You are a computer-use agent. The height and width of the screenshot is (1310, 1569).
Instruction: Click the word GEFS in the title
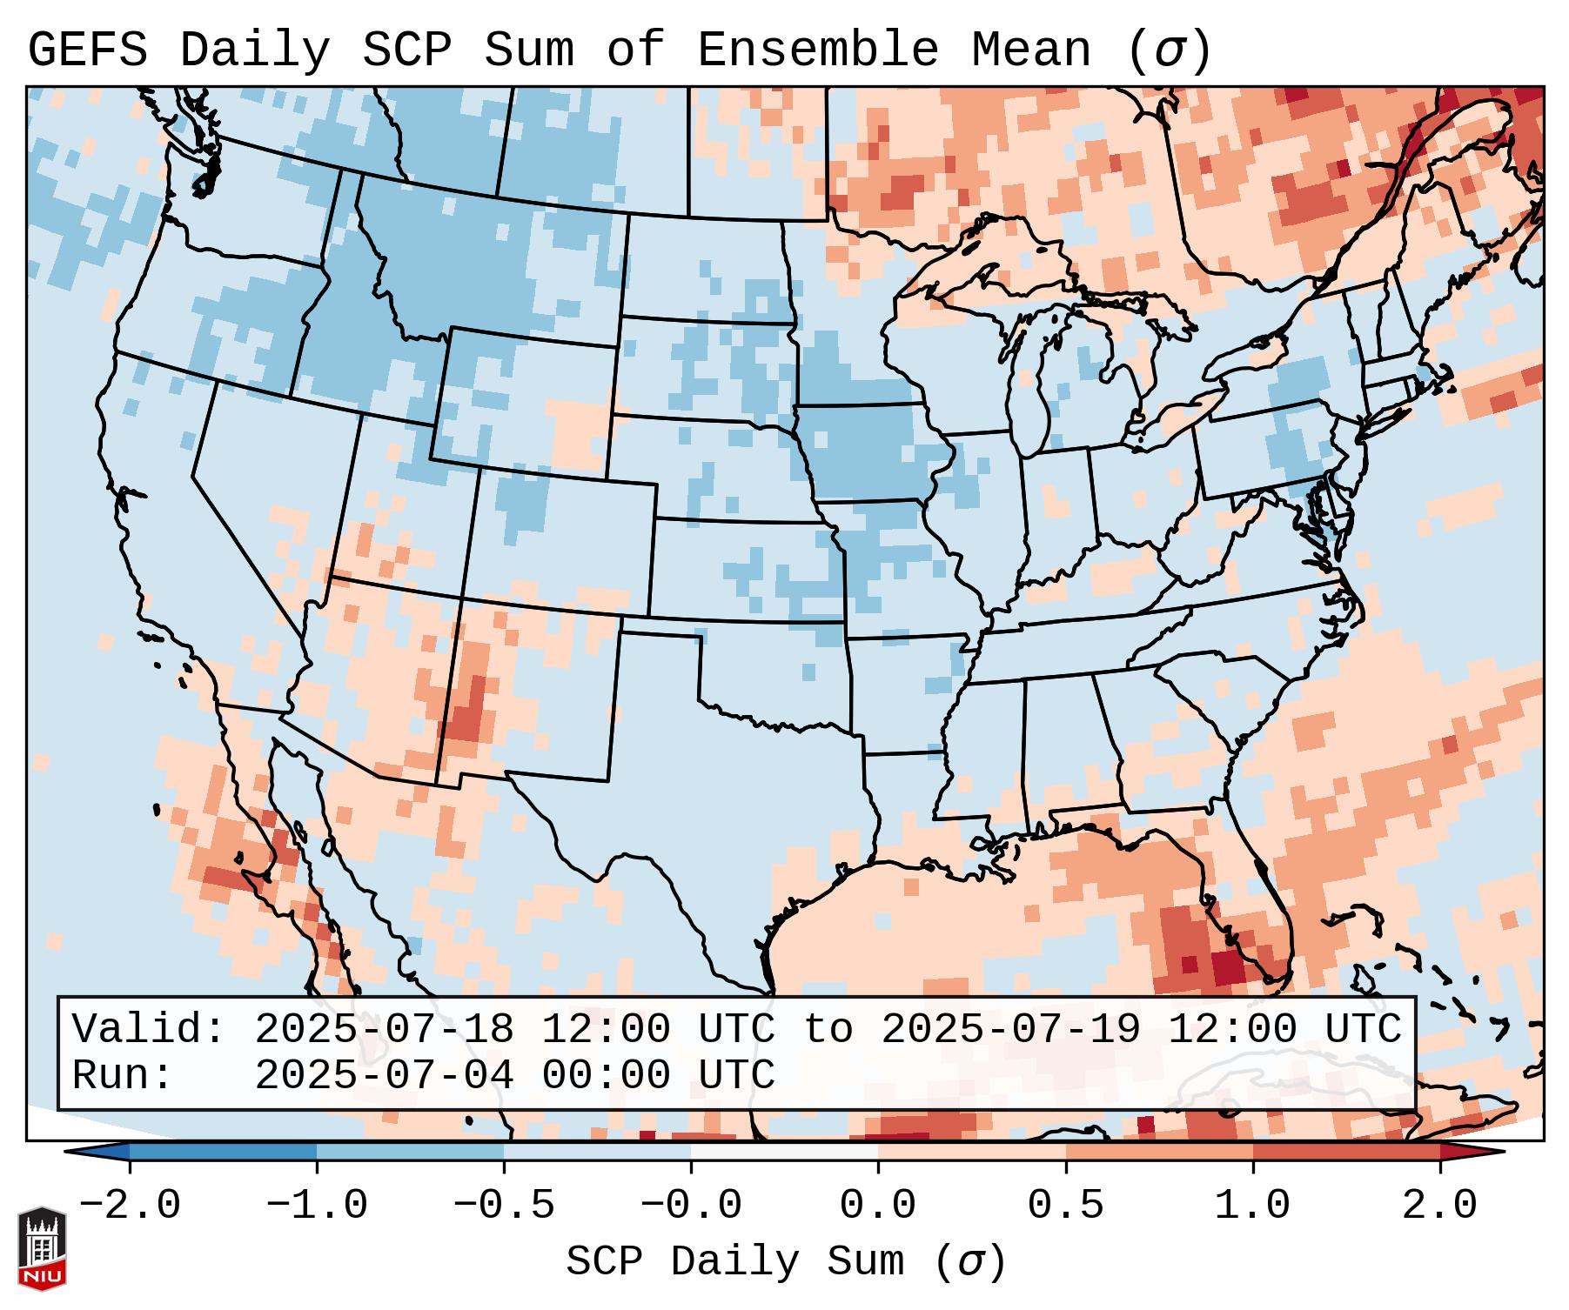pos(88,50)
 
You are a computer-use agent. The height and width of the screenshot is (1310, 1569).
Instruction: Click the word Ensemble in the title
pos(817,50)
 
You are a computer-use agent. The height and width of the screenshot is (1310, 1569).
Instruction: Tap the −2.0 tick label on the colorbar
pos(130,1206)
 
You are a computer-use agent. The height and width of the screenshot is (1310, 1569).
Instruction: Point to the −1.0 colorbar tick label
pos(317,1206)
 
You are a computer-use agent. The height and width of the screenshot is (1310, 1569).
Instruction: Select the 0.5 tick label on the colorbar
pos(1065,1206)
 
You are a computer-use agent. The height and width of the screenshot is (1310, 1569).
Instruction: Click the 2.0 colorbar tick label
pos(1439,1206)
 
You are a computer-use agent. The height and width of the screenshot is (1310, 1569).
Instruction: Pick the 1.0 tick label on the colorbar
pos(1252,1206)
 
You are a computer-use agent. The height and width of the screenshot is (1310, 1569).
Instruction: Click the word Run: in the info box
pos(122,1076)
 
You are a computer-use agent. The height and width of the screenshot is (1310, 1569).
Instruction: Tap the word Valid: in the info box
pos(148,1030)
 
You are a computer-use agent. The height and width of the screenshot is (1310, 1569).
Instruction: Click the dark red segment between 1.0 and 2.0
pos(1345,1152)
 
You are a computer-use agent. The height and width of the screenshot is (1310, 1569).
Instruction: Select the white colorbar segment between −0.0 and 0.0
pos(784,1152)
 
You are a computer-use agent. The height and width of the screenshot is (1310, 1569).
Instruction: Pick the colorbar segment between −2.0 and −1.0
pos(223,1152)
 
